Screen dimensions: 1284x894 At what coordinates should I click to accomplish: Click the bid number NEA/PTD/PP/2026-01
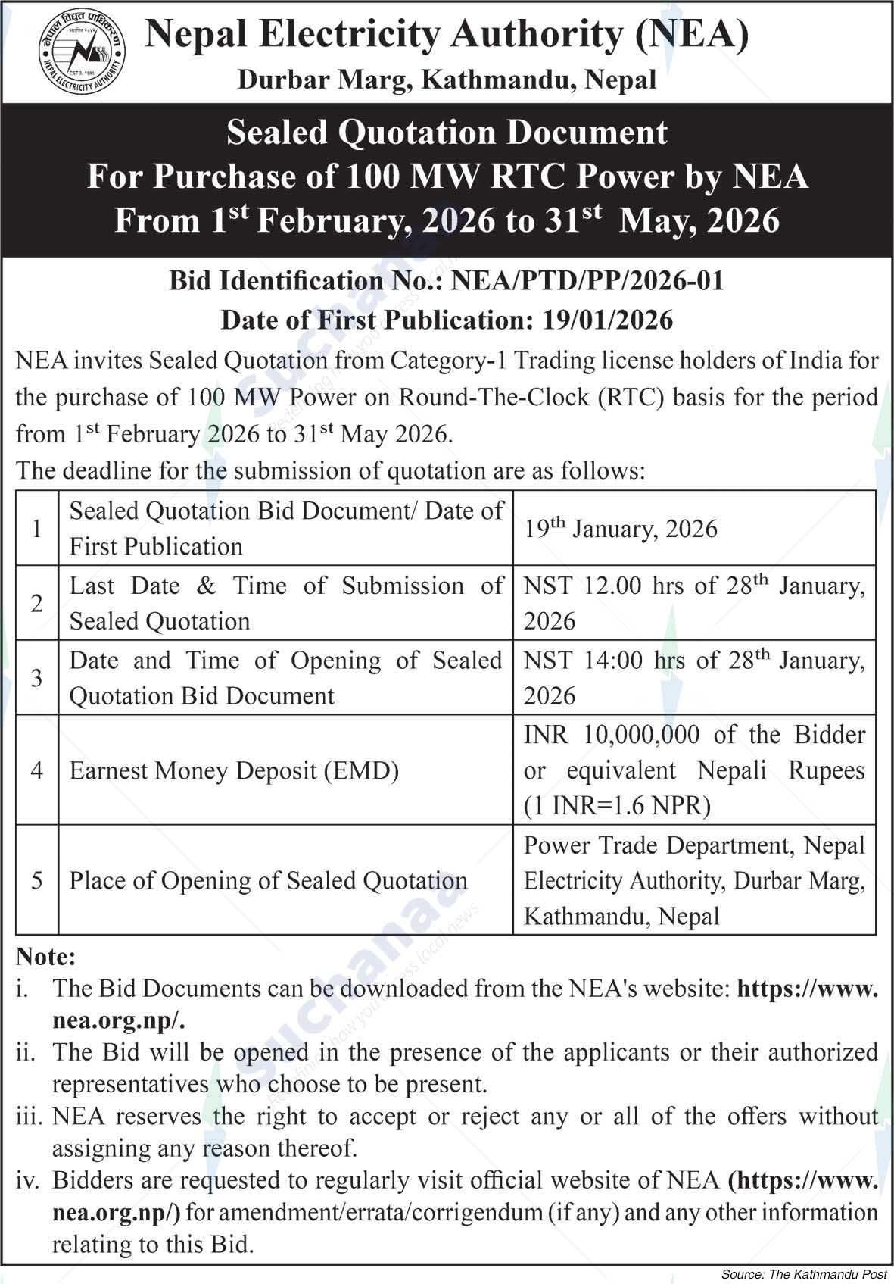click(x=587, y=281)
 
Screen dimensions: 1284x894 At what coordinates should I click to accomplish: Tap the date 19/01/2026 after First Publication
click(x=607, y=320)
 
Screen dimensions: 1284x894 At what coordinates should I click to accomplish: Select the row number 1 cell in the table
click(x=37, y=528)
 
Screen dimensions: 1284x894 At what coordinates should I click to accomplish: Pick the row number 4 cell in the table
click(x=37, y=770)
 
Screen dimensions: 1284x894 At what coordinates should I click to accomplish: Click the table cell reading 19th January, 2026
click(x=621, y=529)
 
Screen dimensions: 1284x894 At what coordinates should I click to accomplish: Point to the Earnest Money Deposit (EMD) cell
click(x=234, y=770)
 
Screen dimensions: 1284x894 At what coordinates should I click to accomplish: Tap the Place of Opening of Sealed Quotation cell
click(x=269, y=881)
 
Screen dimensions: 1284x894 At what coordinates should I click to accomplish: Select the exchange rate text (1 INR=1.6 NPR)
click(x=617, y=805)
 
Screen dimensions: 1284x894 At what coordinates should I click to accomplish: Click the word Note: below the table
click(x=46, y=957)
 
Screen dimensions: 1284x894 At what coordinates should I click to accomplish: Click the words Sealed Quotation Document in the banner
click(x=447, y=133)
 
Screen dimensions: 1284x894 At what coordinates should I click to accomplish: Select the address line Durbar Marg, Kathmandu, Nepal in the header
click(x=447, y=80)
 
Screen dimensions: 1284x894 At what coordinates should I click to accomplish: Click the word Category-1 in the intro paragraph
click(x=447, y=361)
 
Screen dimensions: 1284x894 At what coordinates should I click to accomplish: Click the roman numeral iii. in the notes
click(x=31, y=1117)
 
